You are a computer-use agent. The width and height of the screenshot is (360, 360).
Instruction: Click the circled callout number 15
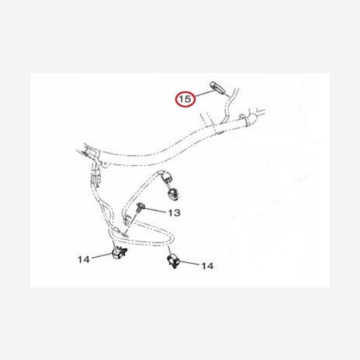185,99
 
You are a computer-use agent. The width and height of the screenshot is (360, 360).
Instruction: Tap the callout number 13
174,212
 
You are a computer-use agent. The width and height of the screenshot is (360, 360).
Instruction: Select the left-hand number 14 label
83,259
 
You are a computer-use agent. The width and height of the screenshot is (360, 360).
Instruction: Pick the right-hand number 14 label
208,266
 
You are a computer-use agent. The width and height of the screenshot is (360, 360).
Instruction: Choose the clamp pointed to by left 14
119,252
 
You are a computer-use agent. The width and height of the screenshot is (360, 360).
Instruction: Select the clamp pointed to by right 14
173,261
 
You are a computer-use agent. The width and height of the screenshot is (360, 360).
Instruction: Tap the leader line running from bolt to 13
155,210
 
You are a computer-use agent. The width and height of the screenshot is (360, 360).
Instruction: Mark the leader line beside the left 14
102,256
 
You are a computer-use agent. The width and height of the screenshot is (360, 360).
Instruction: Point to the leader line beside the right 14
190,263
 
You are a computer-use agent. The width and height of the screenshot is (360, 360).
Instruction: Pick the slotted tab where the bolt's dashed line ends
120,232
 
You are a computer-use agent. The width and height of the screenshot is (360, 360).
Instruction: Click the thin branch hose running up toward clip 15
229,106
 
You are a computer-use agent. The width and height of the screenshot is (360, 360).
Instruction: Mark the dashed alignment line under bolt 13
132,222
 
